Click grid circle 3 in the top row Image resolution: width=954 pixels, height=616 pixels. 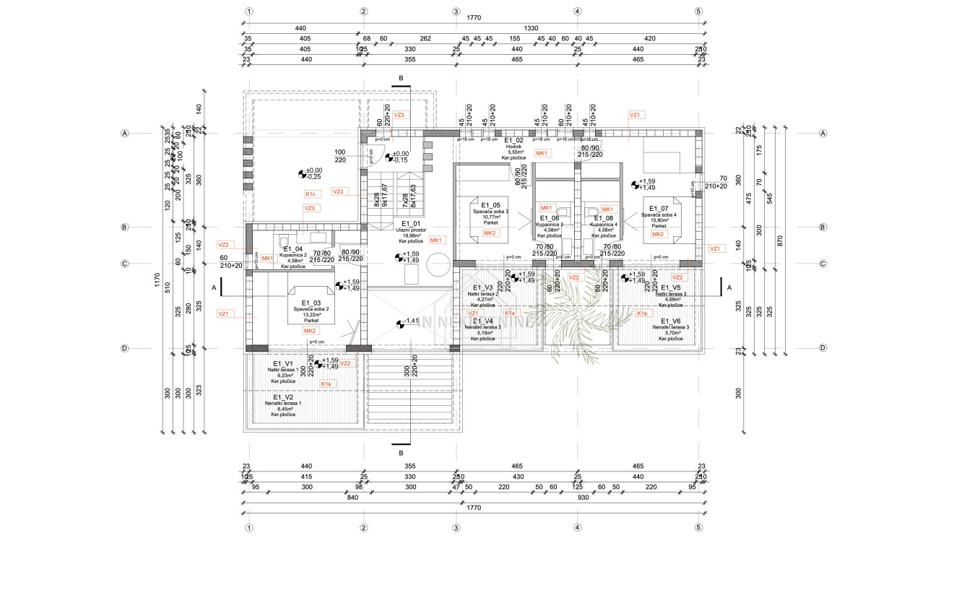(456, 12)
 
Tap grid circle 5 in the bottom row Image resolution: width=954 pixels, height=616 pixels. (698, 528)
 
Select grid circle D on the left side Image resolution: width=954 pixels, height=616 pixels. (125, 348)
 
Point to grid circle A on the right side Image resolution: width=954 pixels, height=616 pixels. (823, 134)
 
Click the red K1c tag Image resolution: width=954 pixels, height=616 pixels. (311, 194)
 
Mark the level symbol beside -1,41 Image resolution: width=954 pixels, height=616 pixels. (400, 324)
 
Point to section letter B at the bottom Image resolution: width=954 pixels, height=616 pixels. (401, 454)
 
